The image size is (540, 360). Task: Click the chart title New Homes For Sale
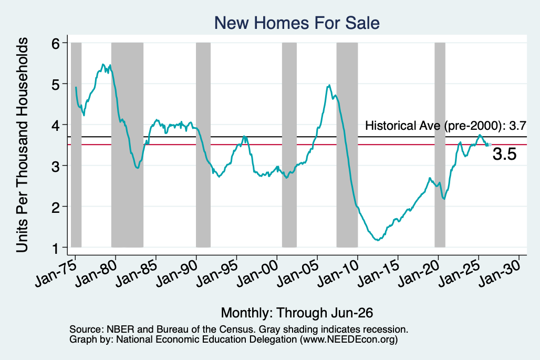297,23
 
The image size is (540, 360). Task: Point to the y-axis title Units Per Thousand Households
22,145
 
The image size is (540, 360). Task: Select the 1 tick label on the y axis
56,248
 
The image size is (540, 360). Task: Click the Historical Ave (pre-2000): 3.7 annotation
445,126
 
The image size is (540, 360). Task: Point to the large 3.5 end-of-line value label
504,154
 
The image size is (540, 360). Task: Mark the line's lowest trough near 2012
378,240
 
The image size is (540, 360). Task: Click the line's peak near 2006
329,85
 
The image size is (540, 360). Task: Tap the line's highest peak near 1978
103,65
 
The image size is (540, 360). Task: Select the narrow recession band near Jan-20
440,145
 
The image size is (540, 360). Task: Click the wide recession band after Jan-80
128,145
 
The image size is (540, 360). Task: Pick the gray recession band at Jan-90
203,145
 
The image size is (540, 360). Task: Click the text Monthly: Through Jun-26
297,313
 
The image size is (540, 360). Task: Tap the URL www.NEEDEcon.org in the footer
348,340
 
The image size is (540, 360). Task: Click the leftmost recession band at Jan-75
76,145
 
